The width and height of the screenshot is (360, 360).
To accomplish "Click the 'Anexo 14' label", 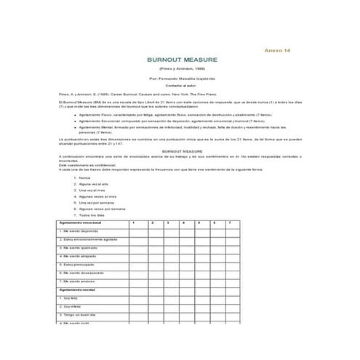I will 278,50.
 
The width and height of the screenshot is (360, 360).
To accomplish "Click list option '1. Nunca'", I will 84,177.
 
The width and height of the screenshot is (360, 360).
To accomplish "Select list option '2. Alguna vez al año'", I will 92,183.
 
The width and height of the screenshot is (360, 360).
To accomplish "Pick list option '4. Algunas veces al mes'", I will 96,196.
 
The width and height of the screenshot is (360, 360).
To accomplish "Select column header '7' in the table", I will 230,222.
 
